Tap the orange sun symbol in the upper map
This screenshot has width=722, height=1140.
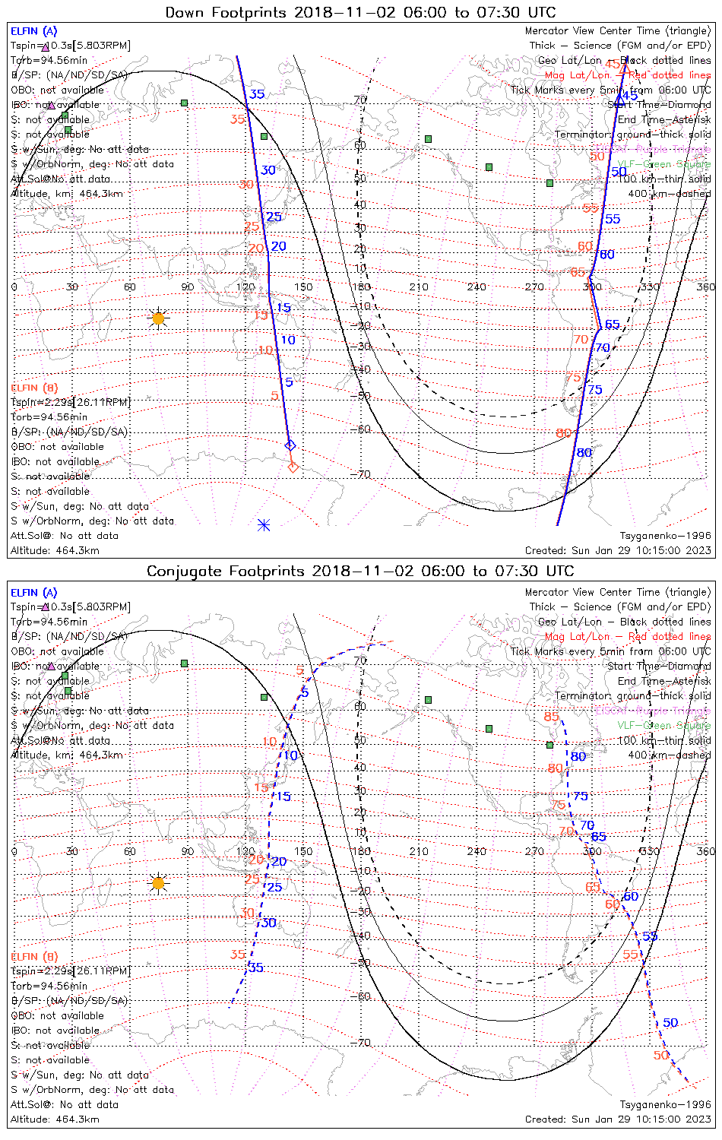tap(158, 318)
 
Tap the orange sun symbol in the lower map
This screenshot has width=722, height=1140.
tap(158, 883)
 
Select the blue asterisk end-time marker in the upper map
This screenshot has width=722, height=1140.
tap(264, 524)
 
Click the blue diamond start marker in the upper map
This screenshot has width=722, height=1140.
tap(289, 445)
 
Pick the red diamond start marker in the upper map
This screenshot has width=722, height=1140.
tap(293, 467)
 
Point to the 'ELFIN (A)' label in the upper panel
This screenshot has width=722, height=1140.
tap(33, 31)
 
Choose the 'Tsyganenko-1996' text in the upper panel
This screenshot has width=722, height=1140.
tap(665, 536)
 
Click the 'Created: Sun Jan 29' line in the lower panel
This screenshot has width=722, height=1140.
tap(618, 1119)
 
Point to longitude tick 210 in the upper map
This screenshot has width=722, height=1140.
tap(419, 287)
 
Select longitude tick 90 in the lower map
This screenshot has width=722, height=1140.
tap(187, 851)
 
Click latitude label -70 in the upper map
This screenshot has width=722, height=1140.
tap(361, 475)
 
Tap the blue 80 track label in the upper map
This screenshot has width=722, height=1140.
tap(584, 453)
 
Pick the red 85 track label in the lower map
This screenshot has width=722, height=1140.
tap(551, 717)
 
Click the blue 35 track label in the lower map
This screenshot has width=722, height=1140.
tap(256, 967)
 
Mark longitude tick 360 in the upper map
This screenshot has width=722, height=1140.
tap(706, 287)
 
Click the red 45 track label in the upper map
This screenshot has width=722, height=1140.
tap(613, 65)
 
